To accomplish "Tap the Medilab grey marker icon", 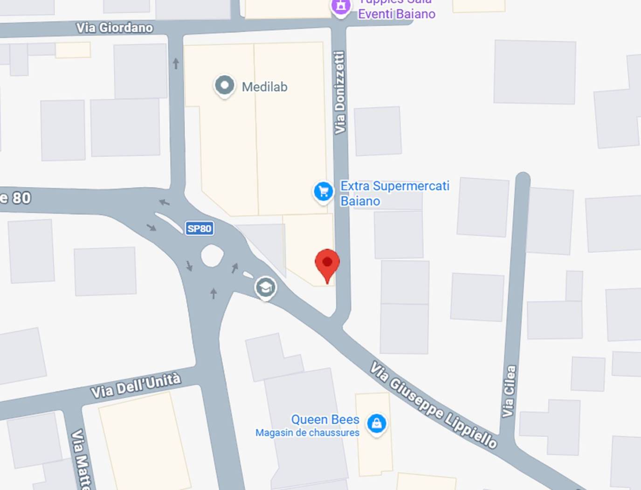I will click(225, 86).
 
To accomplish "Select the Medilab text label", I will click(264, 87).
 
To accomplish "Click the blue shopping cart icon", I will click(323, 191).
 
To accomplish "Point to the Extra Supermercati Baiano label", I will click(394, 193).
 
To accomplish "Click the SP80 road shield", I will click(200, 228).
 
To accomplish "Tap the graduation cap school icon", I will click(266, 287).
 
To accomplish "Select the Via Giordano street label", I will click(115, 28).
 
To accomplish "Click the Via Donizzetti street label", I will click(340, 92).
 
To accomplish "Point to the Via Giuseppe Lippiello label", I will click(434, 405).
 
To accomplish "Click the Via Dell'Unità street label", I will click(136, 385).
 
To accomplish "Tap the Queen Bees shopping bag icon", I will click(377, 423).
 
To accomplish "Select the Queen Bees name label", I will click(325, 420).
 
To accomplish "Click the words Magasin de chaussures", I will click(307, 433).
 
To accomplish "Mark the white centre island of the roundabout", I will click(212, 256).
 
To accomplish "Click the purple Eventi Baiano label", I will click(396, 14).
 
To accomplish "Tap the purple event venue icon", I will click(341, 7).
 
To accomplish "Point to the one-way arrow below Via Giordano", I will click(176, 63).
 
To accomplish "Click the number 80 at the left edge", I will click(21, 198).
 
